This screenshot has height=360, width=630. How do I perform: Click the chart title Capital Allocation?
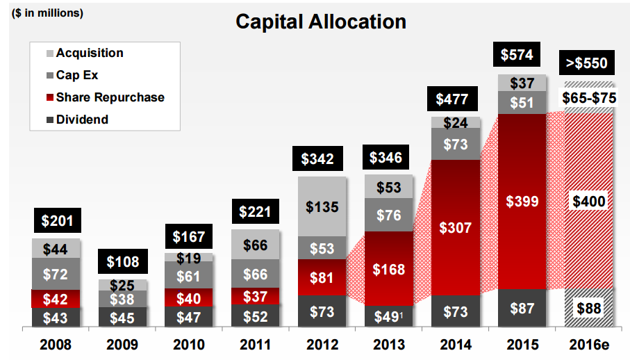320,22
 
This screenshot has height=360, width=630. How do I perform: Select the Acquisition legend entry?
89,54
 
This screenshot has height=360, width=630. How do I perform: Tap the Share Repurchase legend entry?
110,97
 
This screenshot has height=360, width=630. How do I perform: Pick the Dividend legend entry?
82,120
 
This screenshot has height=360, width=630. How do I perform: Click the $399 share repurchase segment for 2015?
522,202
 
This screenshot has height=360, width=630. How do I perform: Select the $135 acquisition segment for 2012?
322,206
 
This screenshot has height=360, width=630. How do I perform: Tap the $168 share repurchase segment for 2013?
389,268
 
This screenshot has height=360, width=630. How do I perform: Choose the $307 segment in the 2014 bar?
456,227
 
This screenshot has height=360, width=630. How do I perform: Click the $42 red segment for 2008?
56,299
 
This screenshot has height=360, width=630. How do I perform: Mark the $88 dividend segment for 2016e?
589,308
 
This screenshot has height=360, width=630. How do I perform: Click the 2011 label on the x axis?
256,343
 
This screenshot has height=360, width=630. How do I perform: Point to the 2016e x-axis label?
589,343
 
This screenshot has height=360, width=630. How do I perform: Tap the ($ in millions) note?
47,13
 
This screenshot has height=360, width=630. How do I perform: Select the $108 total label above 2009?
122,262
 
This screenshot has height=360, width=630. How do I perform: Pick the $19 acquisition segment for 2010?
189,258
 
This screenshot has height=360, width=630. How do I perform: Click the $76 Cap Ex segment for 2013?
389,215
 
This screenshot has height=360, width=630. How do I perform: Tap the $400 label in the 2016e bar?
589,202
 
